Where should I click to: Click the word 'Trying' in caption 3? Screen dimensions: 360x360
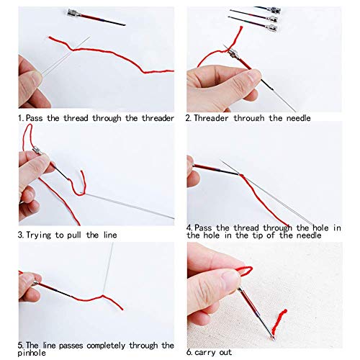pos(42,235)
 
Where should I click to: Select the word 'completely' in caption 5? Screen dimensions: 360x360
pos(81,345)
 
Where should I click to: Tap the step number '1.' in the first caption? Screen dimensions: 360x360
pos(21,117)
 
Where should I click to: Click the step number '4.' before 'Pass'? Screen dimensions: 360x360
pos(190,227)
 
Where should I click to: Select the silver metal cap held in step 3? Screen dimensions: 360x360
pos(35,152)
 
